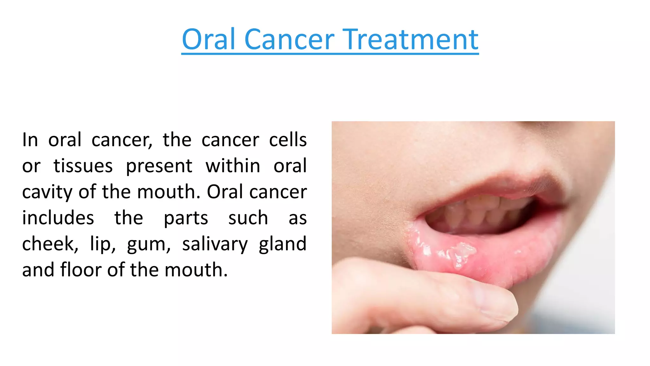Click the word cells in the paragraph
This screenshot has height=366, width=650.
pyautogui.click(x=288, y=140)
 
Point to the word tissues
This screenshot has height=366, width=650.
pyautogui.click(x=83, y=166)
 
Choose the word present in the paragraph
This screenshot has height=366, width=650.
pyautogui.click(x=159, y=166)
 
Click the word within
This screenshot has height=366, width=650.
pyautogui.click(x=233, y=166)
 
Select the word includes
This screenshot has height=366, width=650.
pyautogui.click(x=58, y=218)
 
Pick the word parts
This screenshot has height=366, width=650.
pyautogui.click(x=186, y=219)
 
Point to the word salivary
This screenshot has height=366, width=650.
pyautogui.click(x=215, y=245)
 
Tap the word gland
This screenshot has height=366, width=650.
pyautogui.click(x=282, y=244)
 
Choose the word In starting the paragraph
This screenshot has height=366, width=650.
pyautogui.click(x=30, y=140)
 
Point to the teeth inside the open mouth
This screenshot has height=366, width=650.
pyautogui.click(x=476, y=211)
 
